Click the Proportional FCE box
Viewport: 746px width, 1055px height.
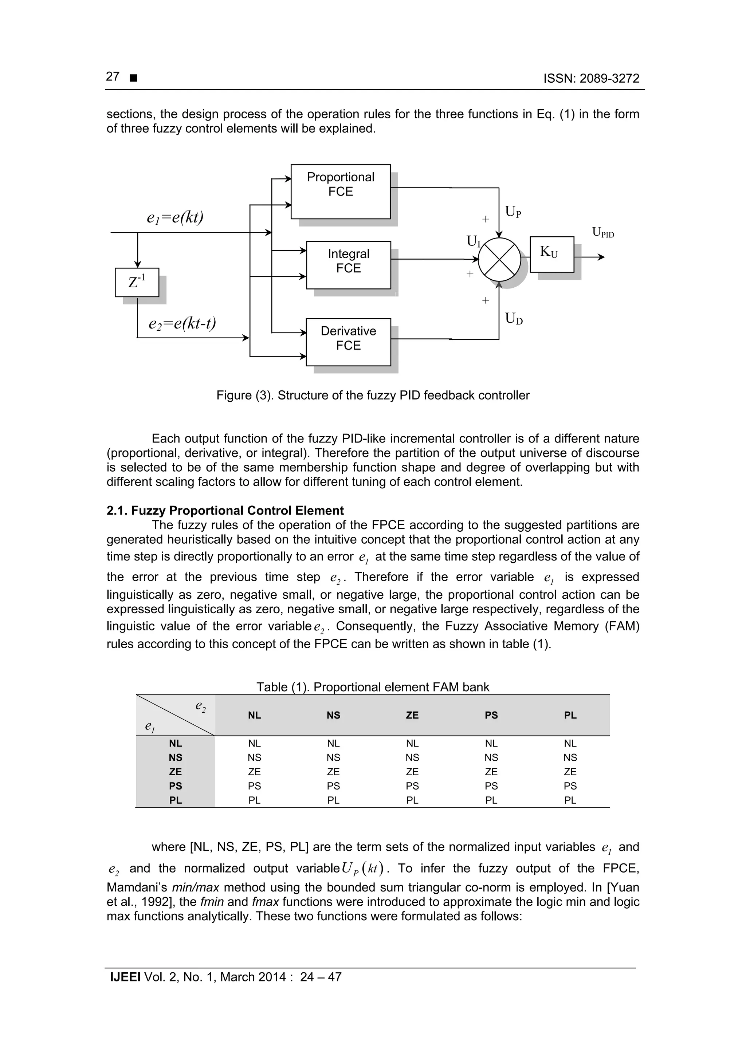[340, 191]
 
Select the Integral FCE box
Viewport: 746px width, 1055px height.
[348, 265]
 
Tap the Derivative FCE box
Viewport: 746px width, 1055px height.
[348, 342]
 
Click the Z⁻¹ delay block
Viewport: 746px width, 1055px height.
[137, 282]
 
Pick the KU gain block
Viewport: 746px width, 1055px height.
[551, 254]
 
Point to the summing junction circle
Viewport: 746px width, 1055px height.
[499, 260]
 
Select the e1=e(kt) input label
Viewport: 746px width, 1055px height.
[175, 217]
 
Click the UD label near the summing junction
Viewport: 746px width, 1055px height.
[513, 318]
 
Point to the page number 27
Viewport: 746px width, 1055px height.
[113, 77]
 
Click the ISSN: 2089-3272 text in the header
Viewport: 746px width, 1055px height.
[591, 79]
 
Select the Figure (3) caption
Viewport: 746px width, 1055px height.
[373, 395]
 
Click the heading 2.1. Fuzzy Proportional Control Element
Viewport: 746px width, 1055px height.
[225, 511]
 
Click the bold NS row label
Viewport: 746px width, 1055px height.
[175, 757]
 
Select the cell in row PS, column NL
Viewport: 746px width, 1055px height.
[254, 786]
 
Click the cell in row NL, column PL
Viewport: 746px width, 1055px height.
[570, 743]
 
